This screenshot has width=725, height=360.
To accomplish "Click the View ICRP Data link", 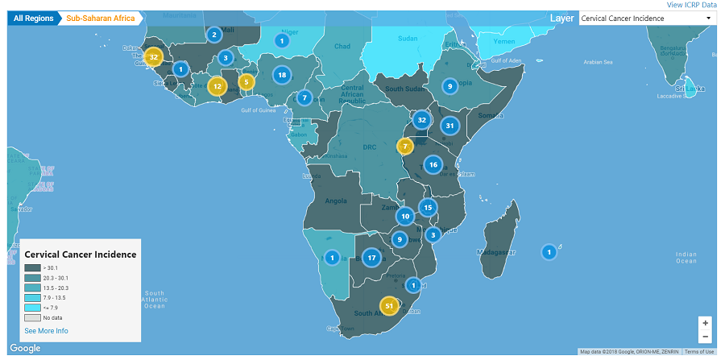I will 691,5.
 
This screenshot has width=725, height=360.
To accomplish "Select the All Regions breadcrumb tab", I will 32,18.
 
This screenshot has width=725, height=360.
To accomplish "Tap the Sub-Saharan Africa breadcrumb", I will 99,18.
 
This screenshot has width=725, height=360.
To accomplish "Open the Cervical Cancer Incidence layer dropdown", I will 647,18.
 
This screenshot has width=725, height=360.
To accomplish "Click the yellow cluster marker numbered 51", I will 390,306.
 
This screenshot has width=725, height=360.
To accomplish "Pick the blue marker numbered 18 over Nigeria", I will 281,75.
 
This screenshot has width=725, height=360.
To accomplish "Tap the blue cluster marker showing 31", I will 450,126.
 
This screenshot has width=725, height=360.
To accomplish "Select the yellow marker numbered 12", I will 217,86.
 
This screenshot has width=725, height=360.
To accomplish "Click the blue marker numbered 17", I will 371,258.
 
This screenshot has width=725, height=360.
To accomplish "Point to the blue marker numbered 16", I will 433,164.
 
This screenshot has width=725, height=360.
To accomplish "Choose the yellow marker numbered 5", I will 246,81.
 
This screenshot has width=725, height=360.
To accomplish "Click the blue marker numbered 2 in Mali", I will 213,34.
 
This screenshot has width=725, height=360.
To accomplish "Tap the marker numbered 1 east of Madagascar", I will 549,252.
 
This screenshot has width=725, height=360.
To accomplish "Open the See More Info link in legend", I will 46,331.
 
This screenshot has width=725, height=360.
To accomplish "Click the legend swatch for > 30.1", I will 32,268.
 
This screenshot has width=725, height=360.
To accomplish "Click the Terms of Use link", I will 698,352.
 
